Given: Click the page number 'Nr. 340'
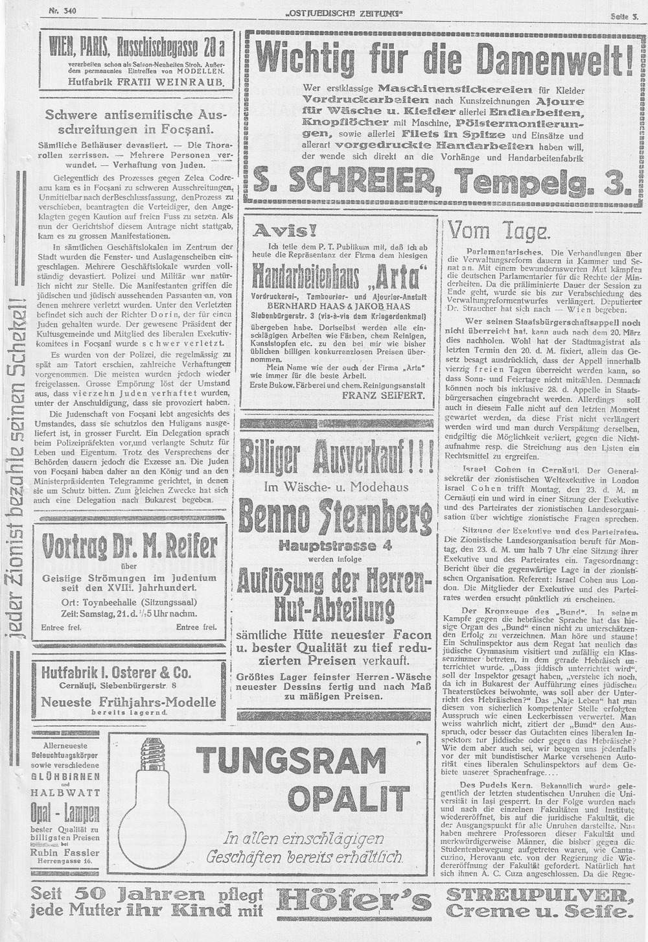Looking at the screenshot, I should pos(62,11).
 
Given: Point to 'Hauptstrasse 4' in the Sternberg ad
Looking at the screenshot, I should pos(335,545).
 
